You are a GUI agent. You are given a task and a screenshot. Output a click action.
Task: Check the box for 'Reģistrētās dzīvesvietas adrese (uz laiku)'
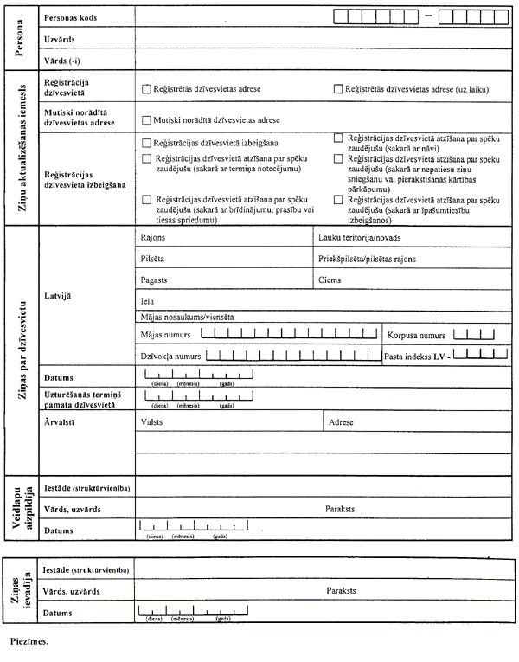click(x=338, y=88)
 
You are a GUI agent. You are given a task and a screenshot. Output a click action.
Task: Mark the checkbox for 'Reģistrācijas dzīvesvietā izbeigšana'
click(x=146, y=143)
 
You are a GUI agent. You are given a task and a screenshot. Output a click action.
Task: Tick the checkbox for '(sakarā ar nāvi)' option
click(x=338, y=138)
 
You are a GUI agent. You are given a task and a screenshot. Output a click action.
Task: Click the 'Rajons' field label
click(x=152, y=236)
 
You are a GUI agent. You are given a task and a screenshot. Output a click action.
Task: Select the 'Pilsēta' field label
click(x=153, y=259)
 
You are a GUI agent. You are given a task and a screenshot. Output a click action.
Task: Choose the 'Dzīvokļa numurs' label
click(x=170, y=356)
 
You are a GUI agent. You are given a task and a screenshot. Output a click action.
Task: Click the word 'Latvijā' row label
click(x=57, y=296)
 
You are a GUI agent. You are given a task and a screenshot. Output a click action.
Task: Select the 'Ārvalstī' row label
click(x=59, y=422)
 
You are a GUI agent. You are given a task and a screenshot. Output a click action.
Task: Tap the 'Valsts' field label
click(x=151, y=422)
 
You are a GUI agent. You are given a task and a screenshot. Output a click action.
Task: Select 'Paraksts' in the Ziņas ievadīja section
click(x=341, y=591)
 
